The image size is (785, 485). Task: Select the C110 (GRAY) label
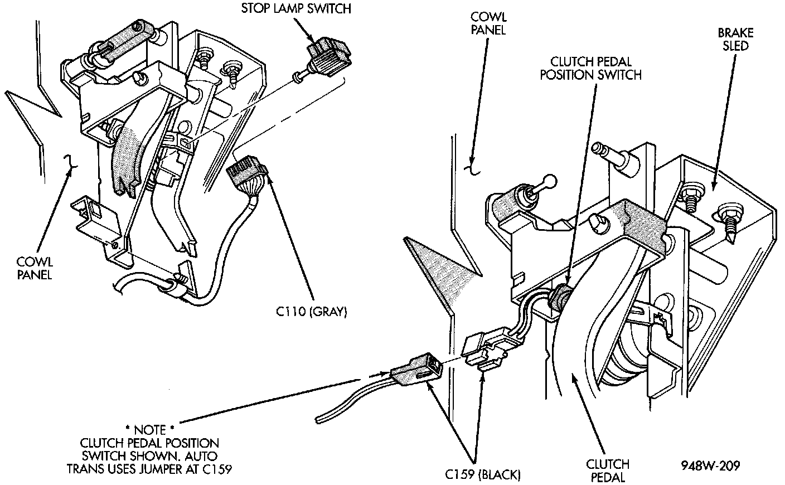[x=312, y=312]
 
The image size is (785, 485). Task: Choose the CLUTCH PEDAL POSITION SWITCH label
[x=590, y=68]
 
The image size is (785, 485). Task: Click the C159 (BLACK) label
[x=483, y=475]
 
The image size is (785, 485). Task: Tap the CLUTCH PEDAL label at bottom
[x=608, y=470]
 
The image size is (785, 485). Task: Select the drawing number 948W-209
[x=710, y=465]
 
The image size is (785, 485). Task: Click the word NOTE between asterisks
[x=149, y=430]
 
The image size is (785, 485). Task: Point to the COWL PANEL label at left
[x=34, y=268]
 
